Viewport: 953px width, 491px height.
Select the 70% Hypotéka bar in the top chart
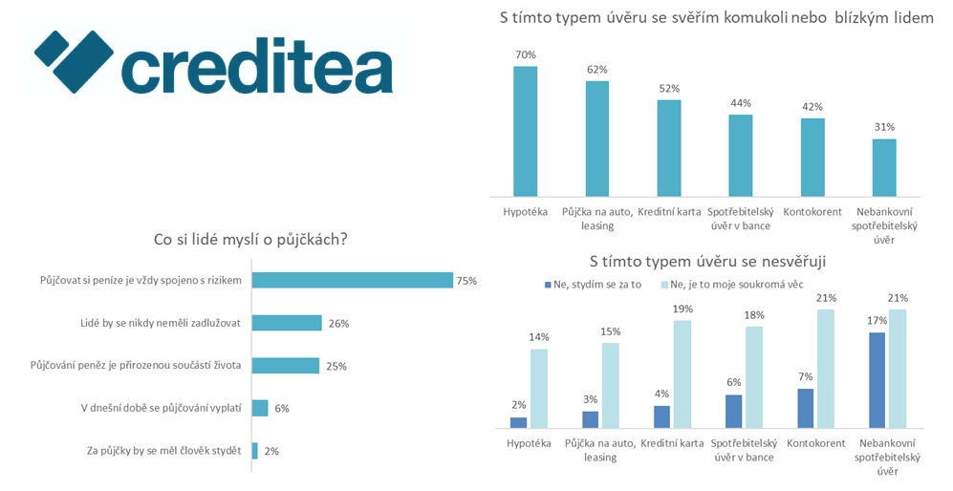(525, 129)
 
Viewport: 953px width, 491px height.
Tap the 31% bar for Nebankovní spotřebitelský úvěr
(884, 165)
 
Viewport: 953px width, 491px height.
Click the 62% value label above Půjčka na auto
(597, 70)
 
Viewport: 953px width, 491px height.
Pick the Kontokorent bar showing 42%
(812, 155)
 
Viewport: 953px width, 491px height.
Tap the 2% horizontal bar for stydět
(254, 450)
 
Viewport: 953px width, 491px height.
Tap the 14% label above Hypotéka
(540, 337)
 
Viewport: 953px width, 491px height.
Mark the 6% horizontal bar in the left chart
(260, 408)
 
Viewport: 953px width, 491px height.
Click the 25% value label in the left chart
(336, 366)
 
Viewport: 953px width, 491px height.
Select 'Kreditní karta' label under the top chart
(669, 211)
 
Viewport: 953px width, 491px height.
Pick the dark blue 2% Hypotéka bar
(518, 421)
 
